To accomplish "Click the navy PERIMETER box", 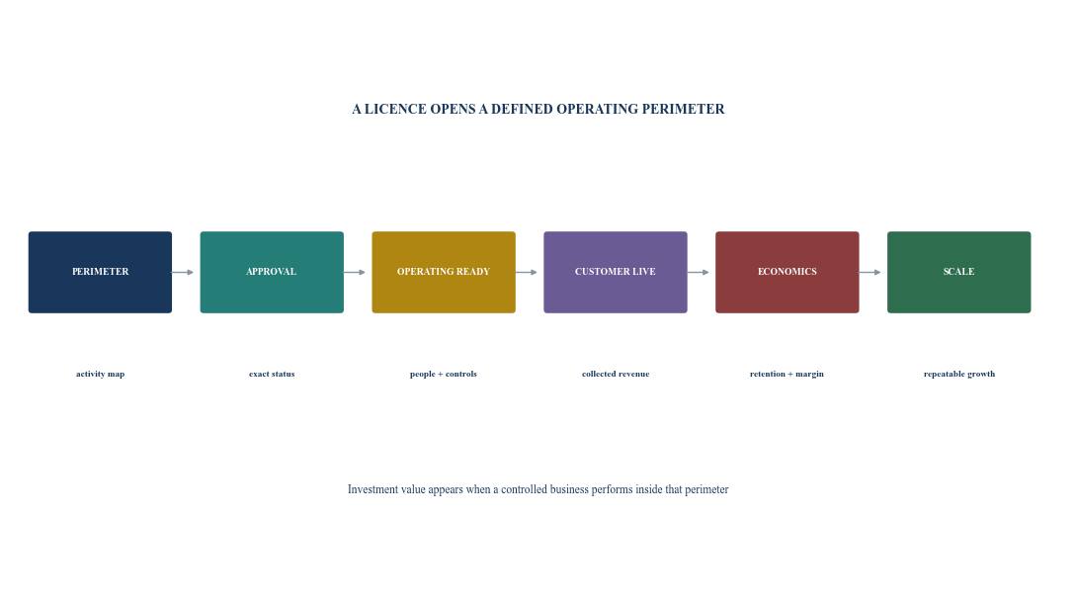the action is click(x=100, y=272).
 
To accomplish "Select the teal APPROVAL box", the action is click(x=272, y=272).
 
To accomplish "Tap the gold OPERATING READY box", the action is click(x=444, y=272).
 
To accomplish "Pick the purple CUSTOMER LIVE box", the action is click(x=616, y=272).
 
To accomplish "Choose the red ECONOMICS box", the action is click(x=787, y=272).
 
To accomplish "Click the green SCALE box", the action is click(x=958, y=272).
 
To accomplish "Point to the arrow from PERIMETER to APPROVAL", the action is click(x=183, y=273).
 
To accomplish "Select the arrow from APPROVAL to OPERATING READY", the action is click(x=354, y=273).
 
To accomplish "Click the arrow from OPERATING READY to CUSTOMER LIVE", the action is click(x=527, y=273).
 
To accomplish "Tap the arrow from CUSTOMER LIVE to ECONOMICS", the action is click(x=698, y=273).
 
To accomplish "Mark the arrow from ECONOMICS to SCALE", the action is click(x=869, y=273).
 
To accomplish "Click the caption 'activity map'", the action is click(x=100, y=375).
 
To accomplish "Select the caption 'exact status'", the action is click(x=272, y=375).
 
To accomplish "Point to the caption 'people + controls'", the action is click(x=444, y=375).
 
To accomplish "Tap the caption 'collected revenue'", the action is click(x=616, y=375).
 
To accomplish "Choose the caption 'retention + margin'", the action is click(x=786, y=375).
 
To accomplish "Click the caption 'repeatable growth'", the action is click(x=959, y=375).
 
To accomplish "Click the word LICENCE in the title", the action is click(x=395, y=109).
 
